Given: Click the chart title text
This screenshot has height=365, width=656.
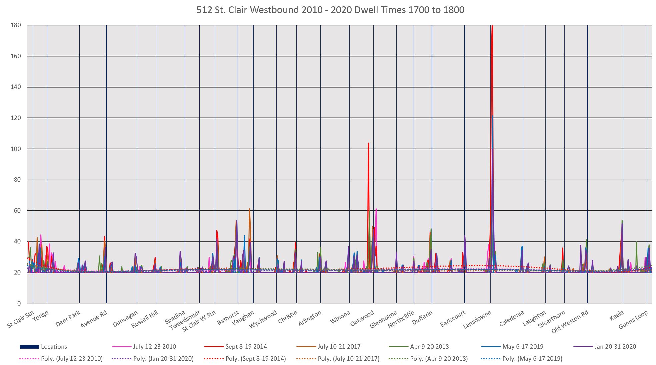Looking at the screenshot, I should click(330, 10).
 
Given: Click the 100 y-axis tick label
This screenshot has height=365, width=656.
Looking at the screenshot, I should click(15, 149).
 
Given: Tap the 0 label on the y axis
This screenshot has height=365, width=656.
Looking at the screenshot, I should click(19, 304).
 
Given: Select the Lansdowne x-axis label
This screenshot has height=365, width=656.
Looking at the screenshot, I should click(477, 319).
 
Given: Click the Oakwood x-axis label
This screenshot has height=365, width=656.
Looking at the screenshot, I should click(362, 318).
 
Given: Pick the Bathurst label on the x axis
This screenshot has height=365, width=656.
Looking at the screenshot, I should click(228, 318).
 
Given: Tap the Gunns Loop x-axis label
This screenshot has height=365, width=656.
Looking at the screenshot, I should click(633, 320).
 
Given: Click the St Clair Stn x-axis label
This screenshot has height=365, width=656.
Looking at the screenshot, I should click(21, 319).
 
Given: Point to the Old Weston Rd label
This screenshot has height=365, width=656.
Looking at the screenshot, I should click(570, 321).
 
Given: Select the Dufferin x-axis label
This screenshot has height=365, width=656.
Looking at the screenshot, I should click(422, 317).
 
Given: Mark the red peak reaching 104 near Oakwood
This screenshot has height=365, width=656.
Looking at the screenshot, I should click(368, 143).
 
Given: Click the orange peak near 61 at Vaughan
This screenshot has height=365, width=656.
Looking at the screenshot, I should click(249, 209).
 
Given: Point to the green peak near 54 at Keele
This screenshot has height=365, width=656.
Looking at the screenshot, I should click(622, 221).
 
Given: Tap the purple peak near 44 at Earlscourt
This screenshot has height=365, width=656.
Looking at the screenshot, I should click(465, 236).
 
